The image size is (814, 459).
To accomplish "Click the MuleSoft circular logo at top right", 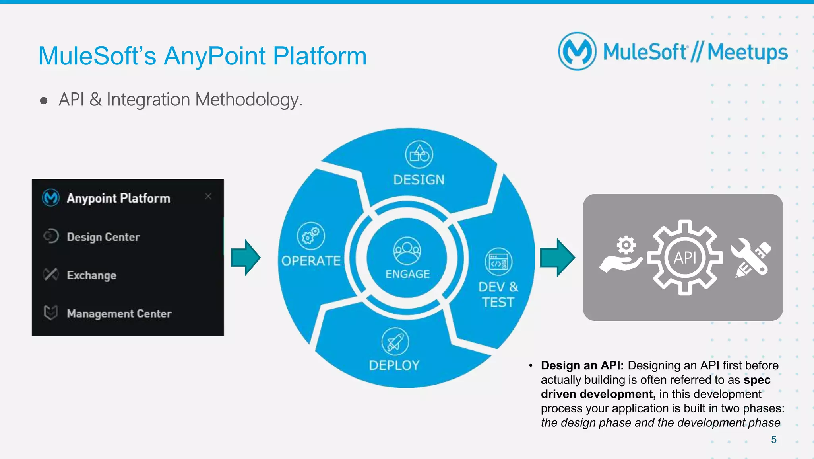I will point(577,52).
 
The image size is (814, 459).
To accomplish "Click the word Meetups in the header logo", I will point(747,53).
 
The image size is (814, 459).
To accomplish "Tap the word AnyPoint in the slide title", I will point(215,56).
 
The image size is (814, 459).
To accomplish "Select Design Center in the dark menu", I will point(103,237).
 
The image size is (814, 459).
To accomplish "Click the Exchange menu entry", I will point(91,275).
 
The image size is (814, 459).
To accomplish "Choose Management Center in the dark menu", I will point(119,314).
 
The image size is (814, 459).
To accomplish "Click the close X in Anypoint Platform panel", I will point(208,196).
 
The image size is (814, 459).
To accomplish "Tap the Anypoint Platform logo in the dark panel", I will point(51,197).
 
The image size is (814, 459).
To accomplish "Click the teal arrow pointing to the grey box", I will point(557,258).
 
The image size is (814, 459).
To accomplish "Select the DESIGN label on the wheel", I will point(419,180).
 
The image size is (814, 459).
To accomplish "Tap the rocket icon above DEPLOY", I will point(395,342).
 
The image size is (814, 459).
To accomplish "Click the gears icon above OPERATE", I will point(311,236).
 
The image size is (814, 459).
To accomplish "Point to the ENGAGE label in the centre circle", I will point(407,274).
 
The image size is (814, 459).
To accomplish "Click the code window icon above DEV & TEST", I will point(498,262).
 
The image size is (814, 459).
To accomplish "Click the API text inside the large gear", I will point(685,258).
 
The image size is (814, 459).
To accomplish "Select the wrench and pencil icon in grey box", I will point(751,258).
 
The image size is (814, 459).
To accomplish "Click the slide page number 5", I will point(773,439).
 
